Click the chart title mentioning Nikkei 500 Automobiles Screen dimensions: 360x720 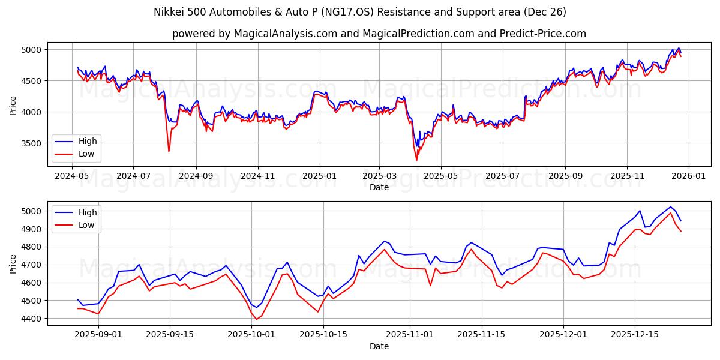click(360, 12)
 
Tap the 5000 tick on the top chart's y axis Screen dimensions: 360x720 click(33, 50)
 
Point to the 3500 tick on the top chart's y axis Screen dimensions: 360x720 click(33, 143)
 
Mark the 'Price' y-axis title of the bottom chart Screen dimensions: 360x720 click(14, 263)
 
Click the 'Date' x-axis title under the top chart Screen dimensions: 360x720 click(379, 187)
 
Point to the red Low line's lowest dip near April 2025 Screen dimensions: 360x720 click(416, 160)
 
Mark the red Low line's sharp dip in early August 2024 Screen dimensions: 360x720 click(169, 151)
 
